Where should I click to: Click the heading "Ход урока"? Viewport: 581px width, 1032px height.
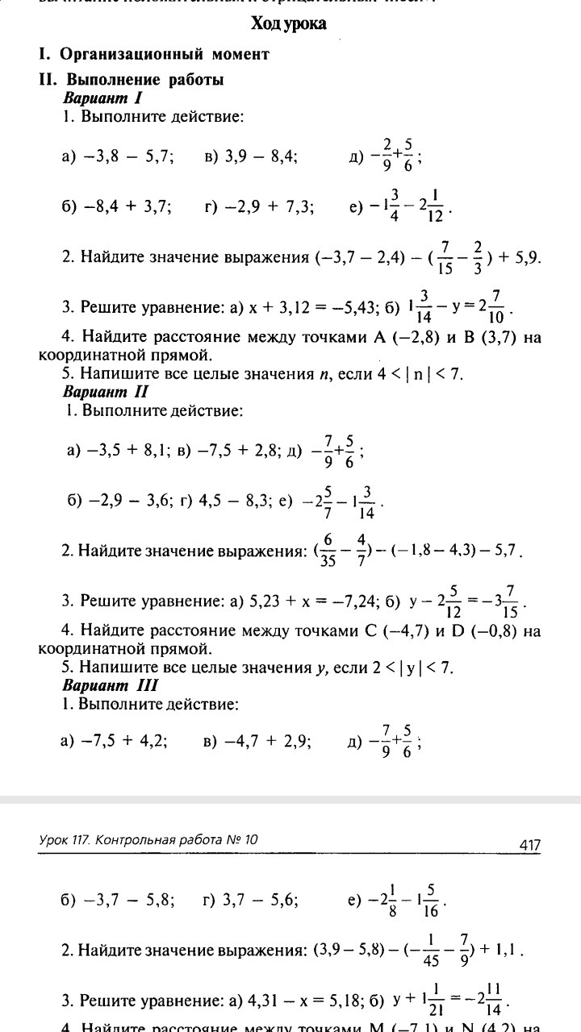(x=288, y=24)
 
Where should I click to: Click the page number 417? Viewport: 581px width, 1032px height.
(x=529, y=845)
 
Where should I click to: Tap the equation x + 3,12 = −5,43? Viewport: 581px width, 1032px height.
(x=306, y=306)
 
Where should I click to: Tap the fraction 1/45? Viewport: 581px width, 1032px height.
(x=431, y=950)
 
